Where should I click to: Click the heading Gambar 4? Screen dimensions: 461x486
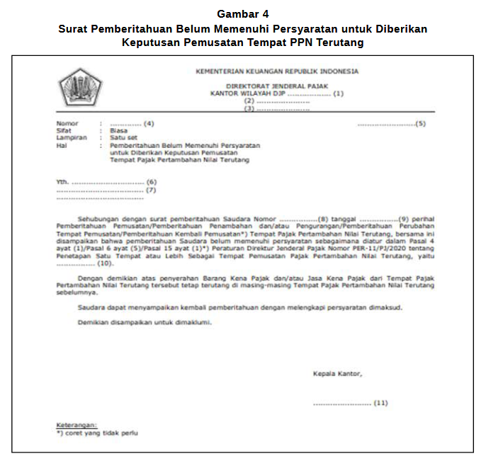coord(243,13)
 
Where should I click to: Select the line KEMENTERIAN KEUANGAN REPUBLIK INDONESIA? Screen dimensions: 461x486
coord(277,72)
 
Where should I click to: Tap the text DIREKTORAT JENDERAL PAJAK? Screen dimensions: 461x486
coord(276,84)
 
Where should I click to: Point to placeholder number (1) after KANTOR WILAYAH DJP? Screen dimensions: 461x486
coord(338,93)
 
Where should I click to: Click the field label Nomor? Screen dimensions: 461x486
coord(67,124)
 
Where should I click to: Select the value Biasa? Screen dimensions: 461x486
coord(118,131)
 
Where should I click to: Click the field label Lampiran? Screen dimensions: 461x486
coord(72,138)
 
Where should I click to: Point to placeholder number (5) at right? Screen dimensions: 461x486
coord(420,124)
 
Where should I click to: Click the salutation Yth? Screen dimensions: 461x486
coord(62,182)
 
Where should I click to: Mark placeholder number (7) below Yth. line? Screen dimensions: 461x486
coord(151,190)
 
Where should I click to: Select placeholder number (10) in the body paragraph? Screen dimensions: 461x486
coord(105,263)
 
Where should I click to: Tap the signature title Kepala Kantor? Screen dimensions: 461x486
coord(337,373)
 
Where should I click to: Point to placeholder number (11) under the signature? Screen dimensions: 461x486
coord(380,403)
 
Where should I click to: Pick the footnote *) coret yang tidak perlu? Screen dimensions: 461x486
coord(97,431)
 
